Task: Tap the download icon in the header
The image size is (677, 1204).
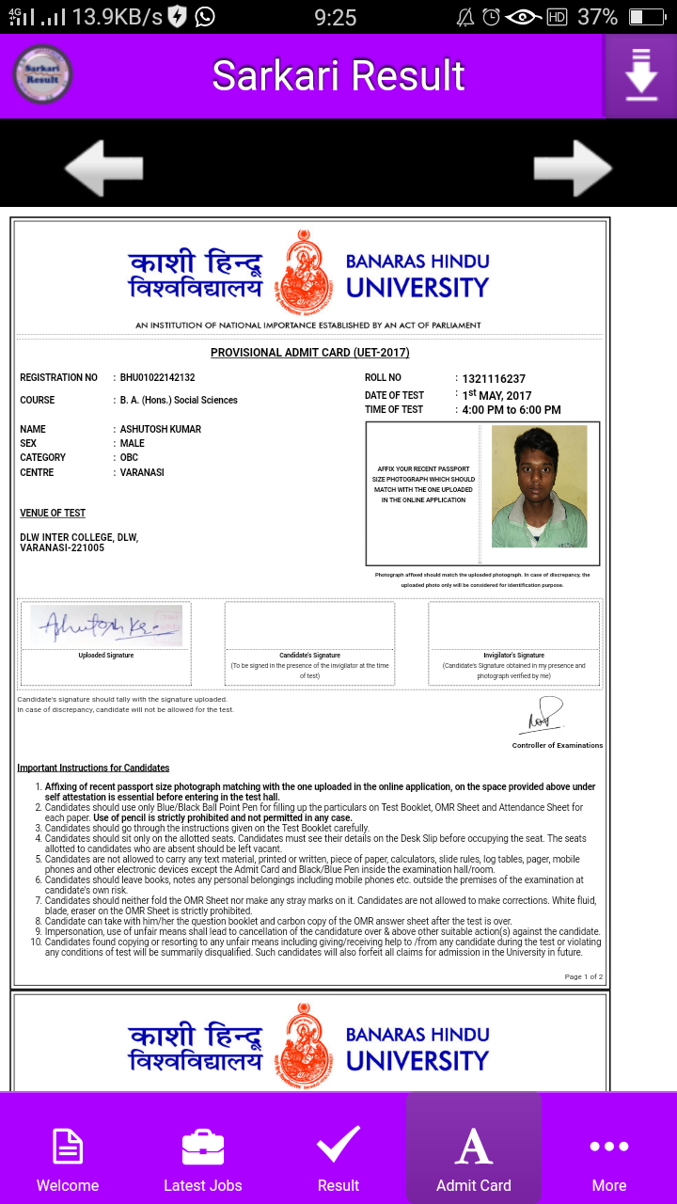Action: [640, 76]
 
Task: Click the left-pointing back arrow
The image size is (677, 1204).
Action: [103, 168]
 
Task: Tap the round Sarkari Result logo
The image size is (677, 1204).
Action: [42, 74]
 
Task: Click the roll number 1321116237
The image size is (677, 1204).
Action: [494, 379]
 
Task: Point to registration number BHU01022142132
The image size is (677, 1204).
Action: [158, 377]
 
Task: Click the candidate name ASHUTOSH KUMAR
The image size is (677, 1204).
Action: [161, 429]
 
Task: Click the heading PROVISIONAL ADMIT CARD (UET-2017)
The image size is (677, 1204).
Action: [310, 353]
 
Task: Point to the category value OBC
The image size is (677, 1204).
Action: [130, 458]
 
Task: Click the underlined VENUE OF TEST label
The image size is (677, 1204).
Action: [53, 513]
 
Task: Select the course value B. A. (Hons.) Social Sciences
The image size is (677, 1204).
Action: [179, 400]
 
